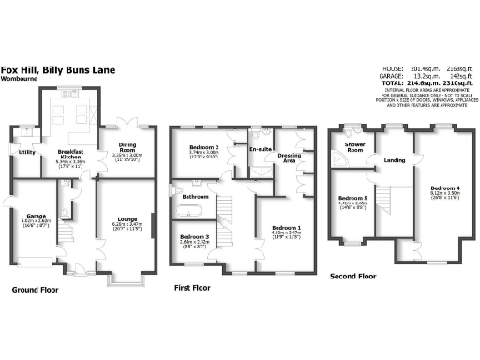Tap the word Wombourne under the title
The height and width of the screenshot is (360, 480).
coord(21,80)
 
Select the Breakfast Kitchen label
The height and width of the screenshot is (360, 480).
coord(72,155)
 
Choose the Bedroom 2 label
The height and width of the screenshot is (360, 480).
coord(204,148)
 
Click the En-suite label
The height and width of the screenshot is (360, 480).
coord(259,148)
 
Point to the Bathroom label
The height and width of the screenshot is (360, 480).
coord(195,197)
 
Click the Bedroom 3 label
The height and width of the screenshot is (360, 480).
coord(194,236)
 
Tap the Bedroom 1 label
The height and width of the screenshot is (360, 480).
coord(286,228)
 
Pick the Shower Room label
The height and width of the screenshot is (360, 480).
coord(354,147)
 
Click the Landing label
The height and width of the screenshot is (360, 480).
coord(395,160)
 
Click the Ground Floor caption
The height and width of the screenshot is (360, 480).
coord(35,291)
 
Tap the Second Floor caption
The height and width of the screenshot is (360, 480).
coord(352,277)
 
